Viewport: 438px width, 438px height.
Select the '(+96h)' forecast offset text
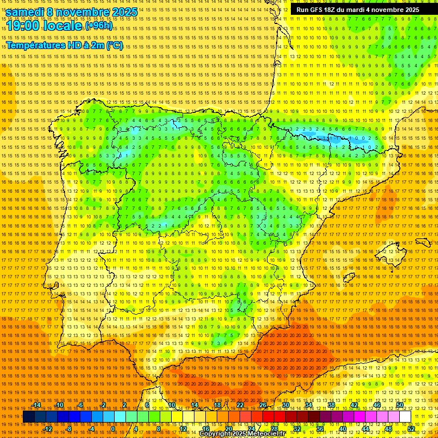99,26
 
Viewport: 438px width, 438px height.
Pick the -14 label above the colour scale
36,405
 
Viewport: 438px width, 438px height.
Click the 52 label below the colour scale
411,429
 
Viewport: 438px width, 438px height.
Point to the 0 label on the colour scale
113,429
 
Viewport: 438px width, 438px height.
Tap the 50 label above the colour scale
400,405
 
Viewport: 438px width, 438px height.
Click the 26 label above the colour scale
263,405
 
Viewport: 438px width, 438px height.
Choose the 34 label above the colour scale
309,405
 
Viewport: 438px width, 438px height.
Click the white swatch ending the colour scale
405,417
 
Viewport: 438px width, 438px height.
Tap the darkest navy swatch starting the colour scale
28,417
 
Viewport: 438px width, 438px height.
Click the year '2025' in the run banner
409,10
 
